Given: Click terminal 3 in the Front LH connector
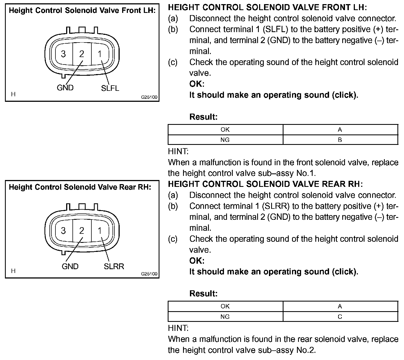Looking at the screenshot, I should pyautogui.click(x=63, y=54).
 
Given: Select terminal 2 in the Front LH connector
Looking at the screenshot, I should pyautogui.click(x=82, y=54).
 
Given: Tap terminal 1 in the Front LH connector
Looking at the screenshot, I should pyautogui.click(x=100, y=54).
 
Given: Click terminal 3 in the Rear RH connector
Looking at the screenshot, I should pyautogui.click(x=63, y=230).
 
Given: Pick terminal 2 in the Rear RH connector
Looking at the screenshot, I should pyautogui.click(x=82, y=230).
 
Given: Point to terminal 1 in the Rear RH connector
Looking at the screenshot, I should pyautogui.click(x=100, y=230).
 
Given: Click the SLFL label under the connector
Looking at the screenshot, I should pyautogui.click(x=110, y=88).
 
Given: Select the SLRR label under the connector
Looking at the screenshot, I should pyautogui.click(x=114, y=266).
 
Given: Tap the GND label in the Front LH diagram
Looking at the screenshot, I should pyautogui.click(x=65, y=88).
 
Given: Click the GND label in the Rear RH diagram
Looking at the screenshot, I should pyautogui.click(x=70, y=266).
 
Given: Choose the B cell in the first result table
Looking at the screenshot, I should pyautogui.click(x=340, y=140).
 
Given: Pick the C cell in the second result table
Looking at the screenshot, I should pyautogui.click(x=340, y=317).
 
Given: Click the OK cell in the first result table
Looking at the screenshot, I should pyautogui.click(x=225, y=130).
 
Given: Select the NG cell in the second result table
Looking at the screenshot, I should pyautogui.click(x=225, y=317).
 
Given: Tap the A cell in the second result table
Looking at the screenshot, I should pyautogui.click(x=340, y=306).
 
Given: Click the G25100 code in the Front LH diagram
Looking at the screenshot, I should pyautogui.click(x=149, y=97).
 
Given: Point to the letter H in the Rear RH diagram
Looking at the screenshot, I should pyautogui.click(x=13, y=271).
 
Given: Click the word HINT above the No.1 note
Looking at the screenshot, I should pyautogui.click(x=178, y=151).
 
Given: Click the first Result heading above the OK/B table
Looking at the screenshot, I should pyautogui.click(x=203, y=117).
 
